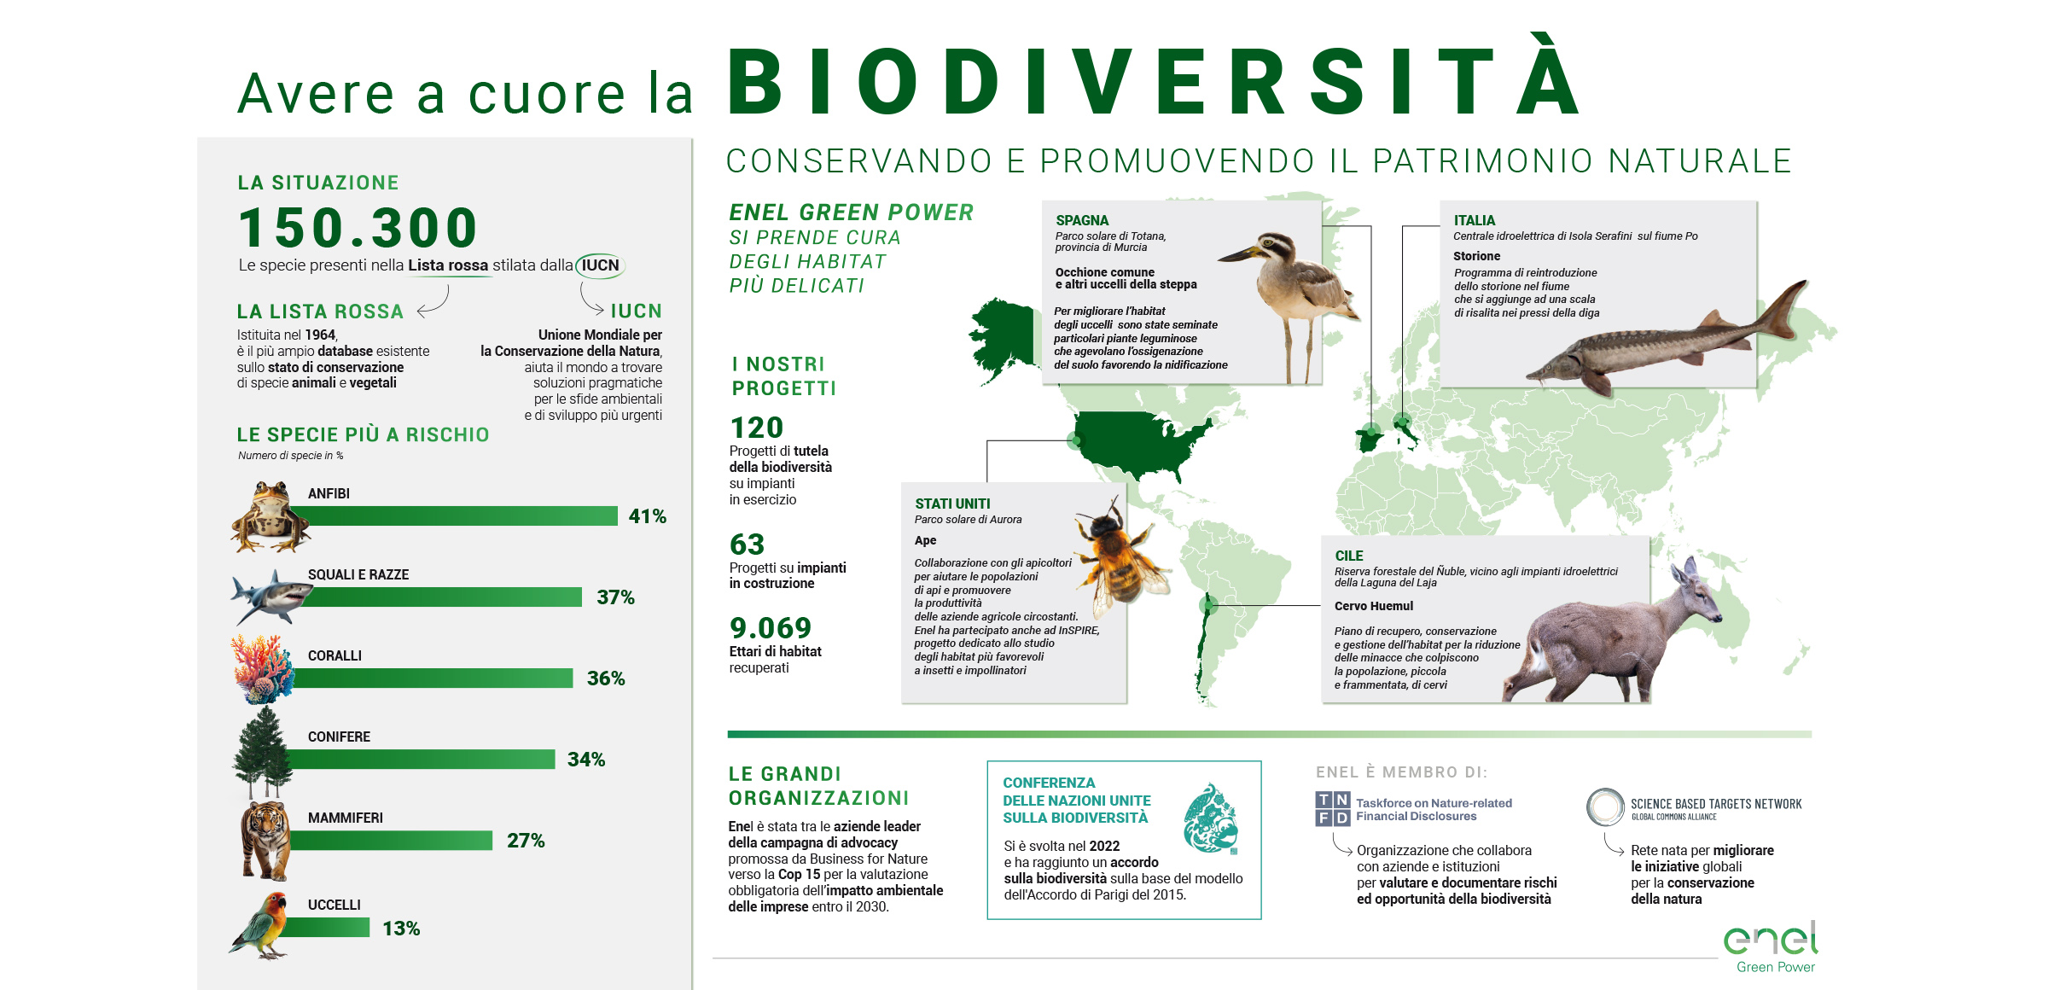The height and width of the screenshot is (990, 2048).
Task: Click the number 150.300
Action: pos(358,228)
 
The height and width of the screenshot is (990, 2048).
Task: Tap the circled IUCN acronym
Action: pos(600,265)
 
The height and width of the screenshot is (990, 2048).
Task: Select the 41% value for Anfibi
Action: pos(647,516)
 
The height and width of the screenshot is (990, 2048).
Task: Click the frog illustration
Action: pos(270,515)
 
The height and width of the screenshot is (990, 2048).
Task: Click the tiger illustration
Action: pos(265,841)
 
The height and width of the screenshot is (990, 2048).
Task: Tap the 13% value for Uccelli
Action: pos(401,929)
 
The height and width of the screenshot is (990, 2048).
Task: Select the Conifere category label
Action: pos(339,737)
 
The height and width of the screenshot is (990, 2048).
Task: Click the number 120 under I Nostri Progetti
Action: pos(756,428)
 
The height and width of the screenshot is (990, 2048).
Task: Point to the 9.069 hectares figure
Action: pos(770,628)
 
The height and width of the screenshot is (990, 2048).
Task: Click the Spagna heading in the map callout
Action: pos(1082,220)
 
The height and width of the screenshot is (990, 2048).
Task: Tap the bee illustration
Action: pos(1118,555)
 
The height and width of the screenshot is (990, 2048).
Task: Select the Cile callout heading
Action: pos(1348,556)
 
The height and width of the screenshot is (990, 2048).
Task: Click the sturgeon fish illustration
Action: pos(1664,341)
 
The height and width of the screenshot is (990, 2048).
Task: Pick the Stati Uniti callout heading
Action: pos(952,504)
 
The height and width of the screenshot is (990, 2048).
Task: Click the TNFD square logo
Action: pos(1332,808)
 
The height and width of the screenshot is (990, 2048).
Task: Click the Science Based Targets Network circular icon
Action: pos(1605,807)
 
